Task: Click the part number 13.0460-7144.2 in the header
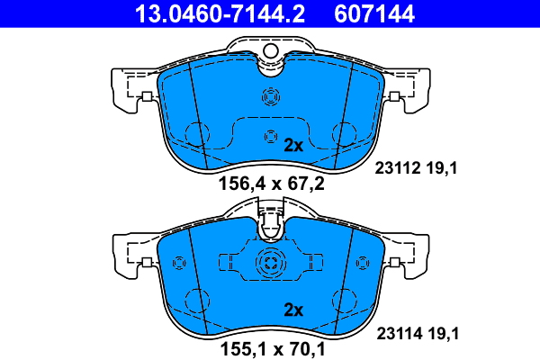click(220, 13)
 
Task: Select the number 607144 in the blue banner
click(374, 13)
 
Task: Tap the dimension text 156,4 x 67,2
click(272, 184)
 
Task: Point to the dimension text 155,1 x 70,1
click(273, 349)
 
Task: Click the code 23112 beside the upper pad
click(398, 168)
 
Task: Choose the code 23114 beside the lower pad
click(400, 334)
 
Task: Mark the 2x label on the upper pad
click(293, 146)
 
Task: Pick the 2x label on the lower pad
click(293, 310)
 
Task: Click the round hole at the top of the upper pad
click(271, 51)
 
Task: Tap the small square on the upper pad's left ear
click(147, 96)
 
